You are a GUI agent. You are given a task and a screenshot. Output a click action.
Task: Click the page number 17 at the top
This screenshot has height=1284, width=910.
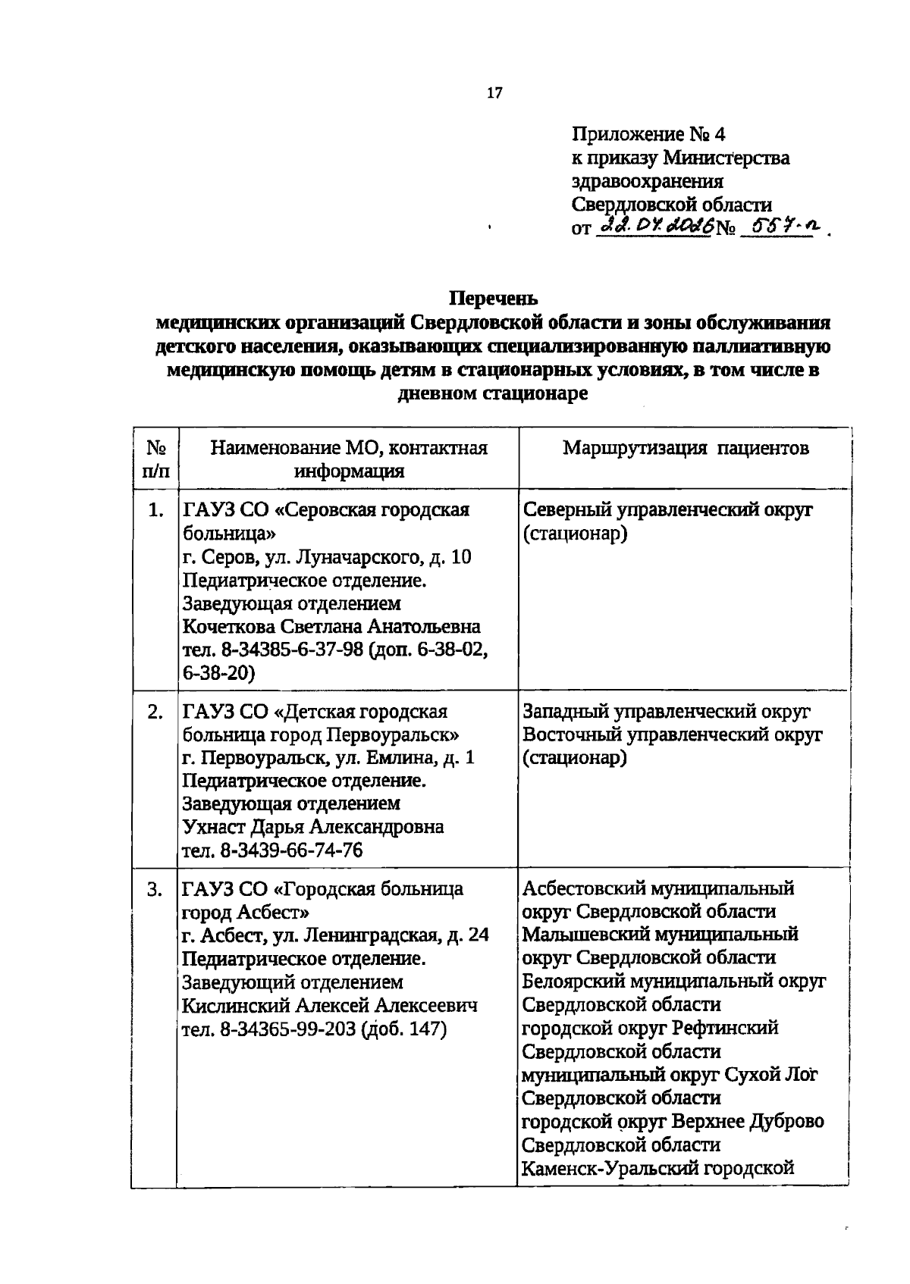tap(494, 93)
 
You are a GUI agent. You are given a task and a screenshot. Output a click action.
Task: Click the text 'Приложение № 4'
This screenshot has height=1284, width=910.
tap(648, 134)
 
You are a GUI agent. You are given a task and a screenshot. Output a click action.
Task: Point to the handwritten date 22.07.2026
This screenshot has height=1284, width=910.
tap(654, 226)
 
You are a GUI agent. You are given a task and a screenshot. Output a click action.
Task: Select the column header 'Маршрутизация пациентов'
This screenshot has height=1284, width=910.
tap(686, 448)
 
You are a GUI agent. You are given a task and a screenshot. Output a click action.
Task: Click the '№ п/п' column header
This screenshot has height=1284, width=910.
tap(155, 459)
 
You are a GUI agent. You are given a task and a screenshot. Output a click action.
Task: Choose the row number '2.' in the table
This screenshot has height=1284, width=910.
tap(155, 712)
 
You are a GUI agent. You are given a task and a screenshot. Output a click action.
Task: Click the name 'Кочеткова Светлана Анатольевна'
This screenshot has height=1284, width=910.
tap(331, 627)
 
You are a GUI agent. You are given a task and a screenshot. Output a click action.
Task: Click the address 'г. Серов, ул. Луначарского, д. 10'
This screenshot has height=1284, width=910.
tap(327, 557)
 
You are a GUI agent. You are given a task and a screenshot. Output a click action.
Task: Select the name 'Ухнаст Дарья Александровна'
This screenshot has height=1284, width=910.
tap(312, 827)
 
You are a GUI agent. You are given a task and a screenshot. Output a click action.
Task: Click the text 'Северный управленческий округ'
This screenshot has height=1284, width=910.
tap(667, 510)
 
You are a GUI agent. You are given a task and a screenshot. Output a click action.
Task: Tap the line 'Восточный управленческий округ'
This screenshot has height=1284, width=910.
tap(673, 735)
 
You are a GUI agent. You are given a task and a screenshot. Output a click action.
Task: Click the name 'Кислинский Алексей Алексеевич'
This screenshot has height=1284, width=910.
tap(331, 1006)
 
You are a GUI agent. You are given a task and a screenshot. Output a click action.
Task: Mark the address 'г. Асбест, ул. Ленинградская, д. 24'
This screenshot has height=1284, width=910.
tap(335, 935)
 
